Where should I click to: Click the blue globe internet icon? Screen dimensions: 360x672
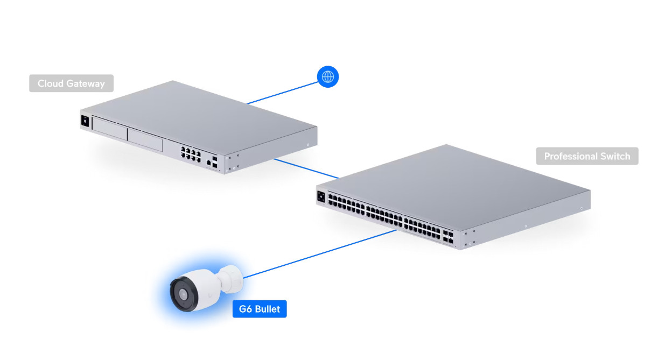point(327,77)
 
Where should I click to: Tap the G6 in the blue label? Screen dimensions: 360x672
point(246,310)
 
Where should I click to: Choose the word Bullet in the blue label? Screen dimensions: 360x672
point(268,310)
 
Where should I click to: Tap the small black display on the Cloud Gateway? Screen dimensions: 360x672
point(84,121)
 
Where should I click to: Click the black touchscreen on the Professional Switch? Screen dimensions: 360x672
point(321,196)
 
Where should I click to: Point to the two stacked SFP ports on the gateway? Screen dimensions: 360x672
point(215,163)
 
